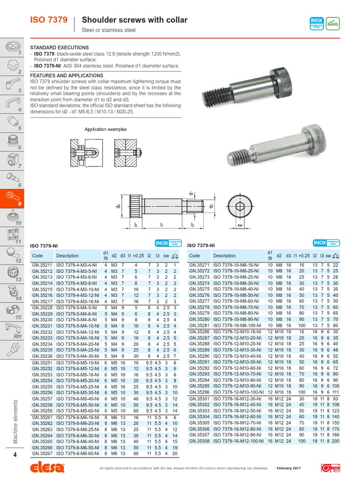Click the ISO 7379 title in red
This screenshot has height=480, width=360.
pos(48,20)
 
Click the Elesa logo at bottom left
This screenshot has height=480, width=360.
pos(47,468)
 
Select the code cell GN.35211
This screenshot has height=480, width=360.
pos(42,265)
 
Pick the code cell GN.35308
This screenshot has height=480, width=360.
pos(199,442)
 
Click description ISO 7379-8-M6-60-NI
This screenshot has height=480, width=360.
pos(77,454)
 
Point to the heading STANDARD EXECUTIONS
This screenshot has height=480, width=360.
pos(59,47)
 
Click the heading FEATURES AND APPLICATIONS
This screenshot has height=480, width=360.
pos(67,75)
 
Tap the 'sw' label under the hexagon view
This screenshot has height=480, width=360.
pos(240,225)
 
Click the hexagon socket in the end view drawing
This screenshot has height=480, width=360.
pos(240,204)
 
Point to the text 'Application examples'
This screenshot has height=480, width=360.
pos(105,129)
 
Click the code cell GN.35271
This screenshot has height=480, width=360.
pos(199,265)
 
